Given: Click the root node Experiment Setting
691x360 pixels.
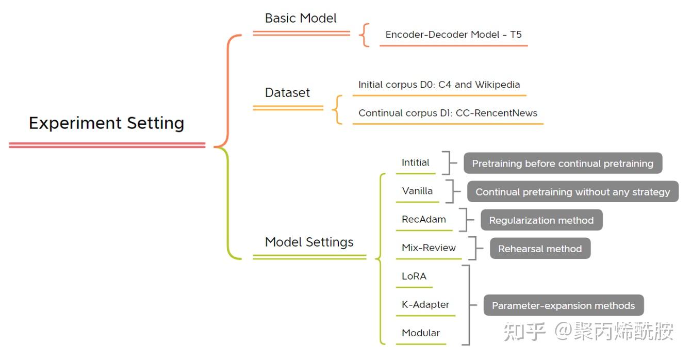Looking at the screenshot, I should (106, 123).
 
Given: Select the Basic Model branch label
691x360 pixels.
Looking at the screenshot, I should (301, 19).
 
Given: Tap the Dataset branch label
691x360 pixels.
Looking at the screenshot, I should (287, 93).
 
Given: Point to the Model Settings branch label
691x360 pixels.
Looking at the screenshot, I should (309, 242).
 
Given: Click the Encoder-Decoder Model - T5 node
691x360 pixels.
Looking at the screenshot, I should (453, 35).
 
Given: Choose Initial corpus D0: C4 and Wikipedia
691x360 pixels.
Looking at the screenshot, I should (439, 85).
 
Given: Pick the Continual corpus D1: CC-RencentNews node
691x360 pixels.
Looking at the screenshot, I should (448, 113).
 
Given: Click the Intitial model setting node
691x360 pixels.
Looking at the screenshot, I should (415, 162).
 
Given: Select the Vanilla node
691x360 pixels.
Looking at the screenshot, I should (417, 191).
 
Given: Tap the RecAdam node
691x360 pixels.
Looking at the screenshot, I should (423, 220).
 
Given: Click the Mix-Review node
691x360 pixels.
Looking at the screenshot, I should (429, 248).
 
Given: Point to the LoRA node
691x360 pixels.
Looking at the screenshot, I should (414, 276).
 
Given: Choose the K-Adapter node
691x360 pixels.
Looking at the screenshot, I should (425, 305).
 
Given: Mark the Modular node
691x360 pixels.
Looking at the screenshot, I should (420, 333).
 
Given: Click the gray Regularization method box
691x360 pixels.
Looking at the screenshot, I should (541, 220).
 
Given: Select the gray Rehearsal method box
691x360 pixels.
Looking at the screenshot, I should (539, 249).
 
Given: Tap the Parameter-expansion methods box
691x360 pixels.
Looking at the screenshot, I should (563, 305).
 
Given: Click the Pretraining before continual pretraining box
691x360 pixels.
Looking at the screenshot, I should (562, 163).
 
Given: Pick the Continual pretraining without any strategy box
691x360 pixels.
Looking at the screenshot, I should (572, 192).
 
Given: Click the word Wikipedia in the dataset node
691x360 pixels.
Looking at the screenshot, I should (497, 85).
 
